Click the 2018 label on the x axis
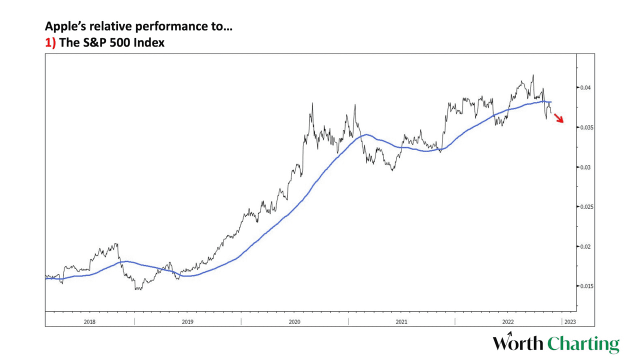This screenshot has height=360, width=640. [x=90, y=322]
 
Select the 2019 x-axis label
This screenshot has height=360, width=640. [x=188, y=322]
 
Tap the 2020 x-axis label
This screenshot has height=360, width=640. [x=295, y=322]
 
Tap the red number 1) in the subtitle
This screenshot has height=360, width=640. [x=50, y=43]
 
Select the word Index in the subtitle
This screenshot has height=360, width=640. [x=150, y=43]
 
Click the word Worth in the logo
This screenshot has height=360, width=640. [x=518, y=344]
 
